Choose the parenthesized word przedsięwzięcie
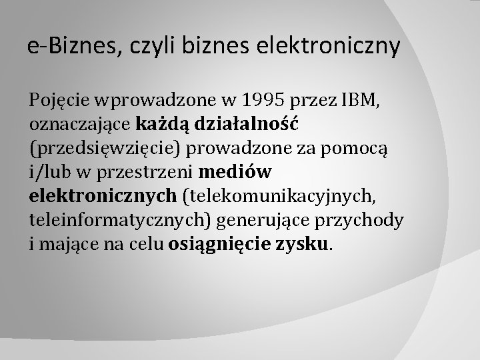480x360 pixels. click(x=107, y=149)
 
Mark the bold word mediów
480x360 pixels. click(x=235, y=171)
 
